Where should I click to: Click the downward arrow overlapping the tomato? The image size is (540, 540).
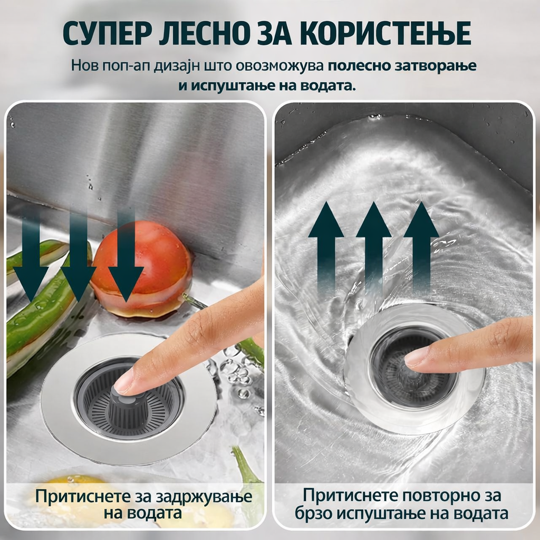(x=126, y=264)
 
